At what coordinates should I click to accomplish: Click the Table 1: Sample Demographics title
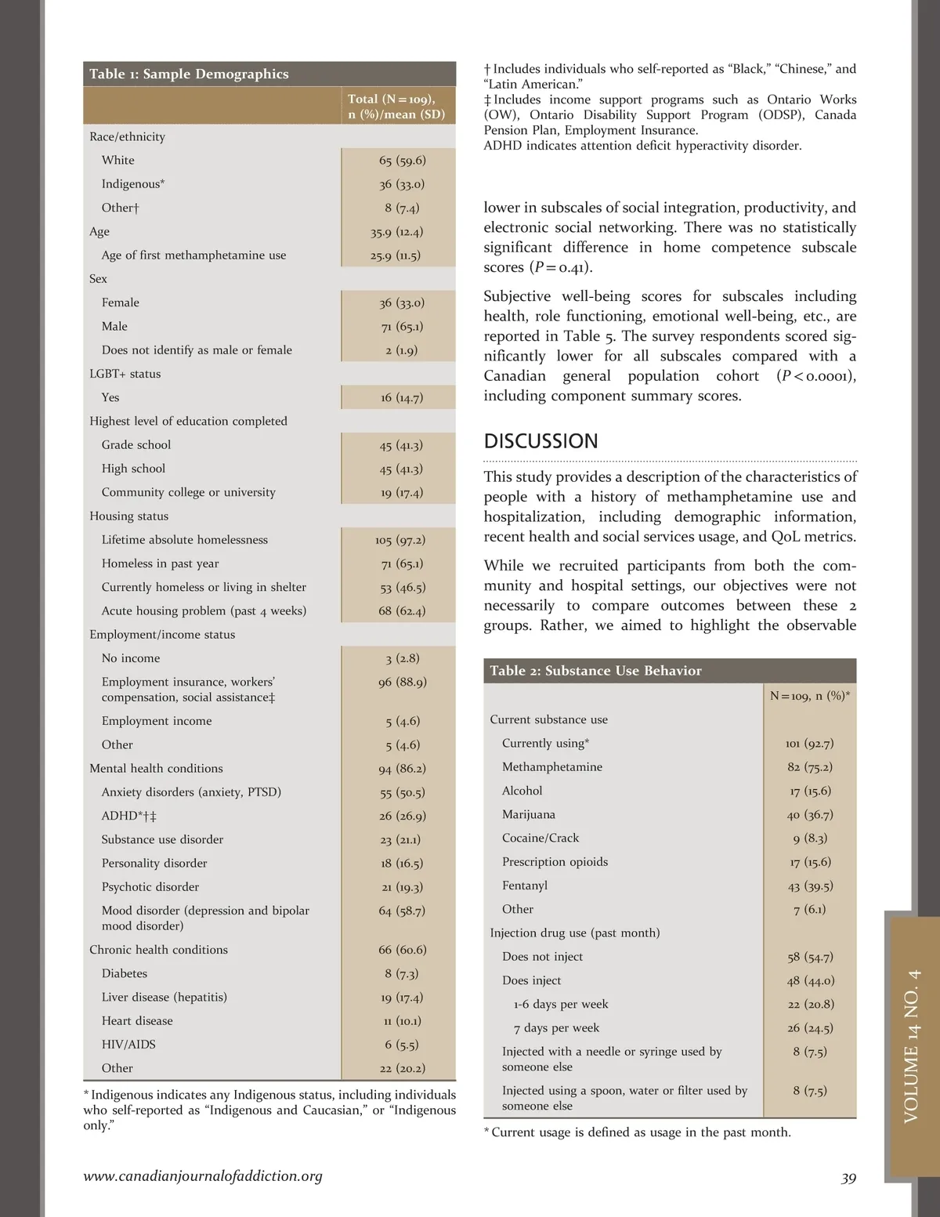click(189, 74)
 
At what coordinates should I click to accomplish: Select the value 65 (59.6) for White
click(402, 161)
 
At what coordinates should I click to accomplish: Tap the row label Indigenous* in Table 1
click(132, 184)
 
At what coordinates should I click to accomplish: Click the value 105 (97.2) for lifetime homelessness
click(400, 540)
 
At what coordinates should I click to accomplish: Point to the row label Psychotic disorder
click(150, 887)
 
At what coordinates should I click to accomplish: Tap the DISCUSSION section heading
click(540, 441)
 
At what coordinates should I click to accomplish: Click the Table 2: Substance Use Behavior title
click(595, 671)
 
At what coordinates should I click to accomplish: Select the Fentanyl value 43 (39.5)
click(810, 886)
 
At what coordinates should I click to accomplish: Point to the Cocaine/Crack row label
click(540, 838)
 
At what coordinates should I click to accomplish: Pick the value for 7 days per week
click(810, 1028)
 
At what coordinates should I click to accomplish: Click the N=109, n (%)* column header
click(810, 696)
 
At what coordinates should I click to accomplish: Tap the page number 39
click(848, 1179)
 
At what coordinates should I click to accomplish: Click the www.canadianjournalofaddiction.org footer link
click(203, 1176)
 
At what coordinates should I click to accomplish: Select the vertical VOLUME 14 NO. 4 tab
click(912, 1045)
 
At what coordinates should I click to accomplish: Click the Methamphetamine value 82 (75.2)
click(810, 767)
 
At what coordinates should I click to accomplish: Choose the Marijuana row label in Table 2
click(528, 815)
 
